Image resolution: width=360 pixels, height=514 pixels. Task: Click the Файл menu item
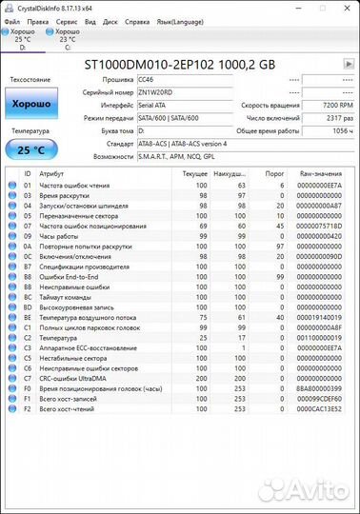11,19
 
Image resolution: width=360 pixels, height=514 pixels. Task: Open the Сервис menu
67,19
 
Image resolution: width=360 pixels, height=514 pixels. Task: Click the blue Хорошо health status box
31,104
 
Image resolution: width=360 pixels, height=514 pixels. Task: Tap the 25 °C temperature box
31,149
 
